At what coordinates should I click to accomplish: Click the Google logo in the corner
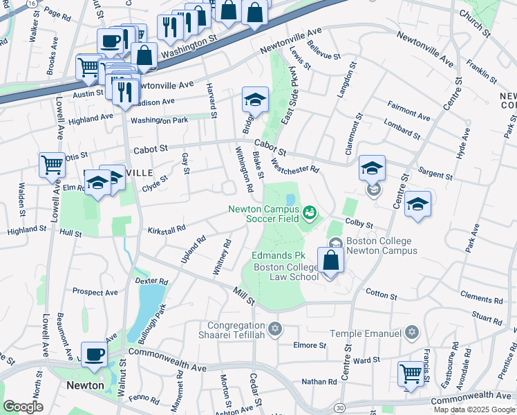[23, 407]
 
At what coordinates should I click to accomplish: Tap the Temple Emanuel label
[369, 333]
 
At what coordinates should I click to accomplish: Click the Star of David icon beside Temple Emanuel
[412, 333]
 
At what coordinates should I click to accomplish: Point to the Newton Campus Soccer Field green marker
[309, 210]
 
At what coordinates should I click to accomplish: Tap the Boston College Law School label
[285, 272]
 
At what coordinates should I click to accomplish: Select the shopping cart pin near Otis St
[52, 166]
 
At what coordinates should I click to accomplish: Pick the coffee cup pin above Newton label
[94, 355]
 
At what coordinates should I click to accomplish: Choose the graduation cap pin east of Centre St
[417, 204]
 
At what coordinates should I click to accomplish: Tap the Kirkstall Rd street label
[167, 228]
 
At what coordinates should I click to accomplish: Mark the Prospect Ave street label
[95, 292]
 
